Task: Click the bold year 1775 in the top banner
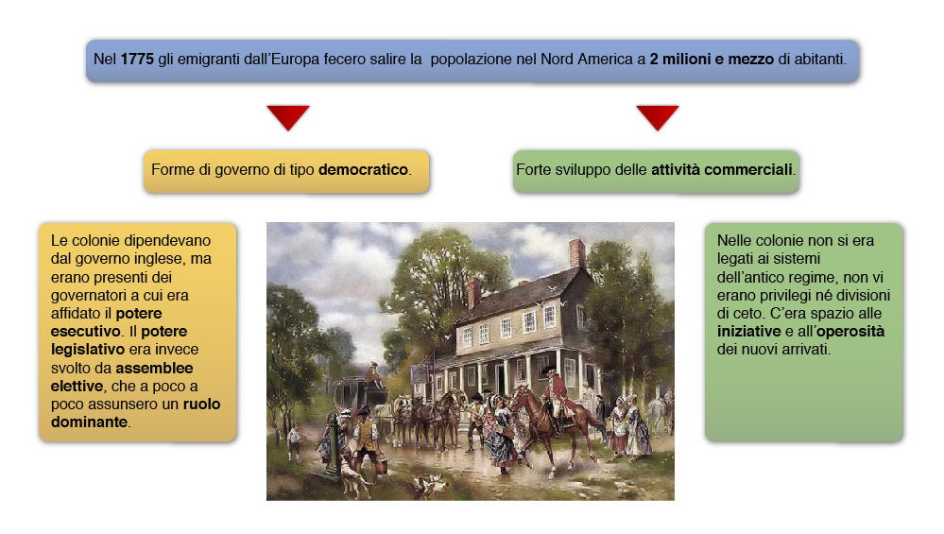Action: pos(137,59)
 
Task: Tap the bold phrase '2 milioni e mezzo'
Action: pos(712,59)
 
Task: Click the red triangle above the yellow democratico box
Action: pos(288,117)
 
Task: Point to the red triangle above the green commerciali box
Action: pos(658,117)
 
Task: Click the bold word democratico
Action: pos(363,170)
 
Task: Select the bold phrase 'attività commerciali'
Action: pos(722,170)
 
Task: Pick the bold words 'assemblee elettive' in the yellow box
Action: pos(122,377)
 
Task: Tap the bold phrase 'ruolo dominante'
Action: pos(135,413)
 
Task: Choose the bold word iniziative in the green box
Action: pos(749,332)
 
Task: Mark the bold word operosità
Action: pos(850,332)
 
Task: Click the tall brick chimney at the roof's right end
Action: pos(576,253)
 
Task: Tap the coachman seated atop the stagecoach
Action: pos(374,374)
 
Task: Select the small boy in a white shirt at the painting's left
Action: pos(295,442)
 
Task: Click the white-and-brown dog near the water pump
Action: pos(354,475)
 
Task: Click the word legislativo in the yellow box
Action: pos(88,350)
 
